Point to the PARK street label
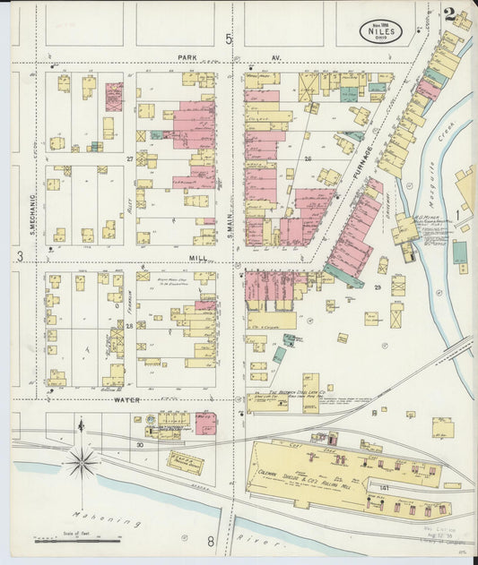click(187, 57)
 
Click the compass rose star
click(81, 463)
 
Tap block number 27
click(130, 158)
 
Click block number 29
click(378, 287)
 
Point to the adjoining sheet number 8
click(212, 541)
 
